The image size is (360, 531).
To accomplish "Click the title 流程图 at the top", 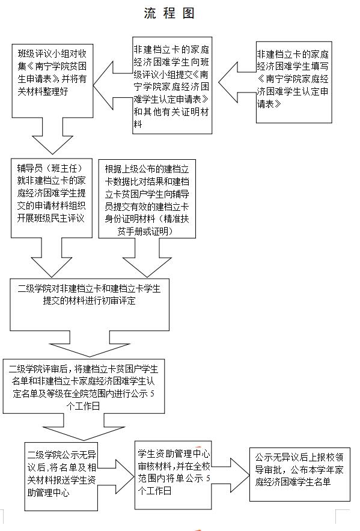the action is (169, 13).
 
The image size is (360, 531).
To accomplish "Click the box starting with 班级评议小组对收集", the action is (52, 80).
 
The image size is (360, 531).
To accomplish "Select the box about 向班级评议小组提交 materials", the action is (172, 85).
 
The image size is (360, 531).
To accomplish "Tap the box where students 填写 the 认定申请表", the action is (293, 82).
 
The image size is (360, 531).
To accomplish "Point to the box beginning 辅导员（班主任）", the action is (52, 198).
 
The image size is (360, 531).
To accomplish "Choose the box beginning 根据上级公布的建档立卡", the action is (147, 199).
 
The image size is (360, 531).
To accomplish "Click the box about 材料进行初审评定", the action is (90, 305).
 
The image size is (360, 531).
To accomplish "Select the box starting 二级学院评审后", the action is (84, 386).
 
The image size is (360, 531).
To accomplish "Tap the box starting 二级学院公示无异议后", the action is (61, 476).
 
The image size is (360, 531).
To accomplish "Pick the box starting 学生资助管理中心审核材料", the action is (173, 475).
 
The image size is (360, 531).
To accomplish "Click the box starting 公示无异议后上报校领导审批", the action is (300, 474).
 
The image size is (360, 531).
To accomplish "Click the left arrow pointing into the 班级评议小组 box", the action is (112, 85).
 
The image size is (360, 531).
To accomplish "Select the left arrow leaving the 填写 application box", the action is (237, 82).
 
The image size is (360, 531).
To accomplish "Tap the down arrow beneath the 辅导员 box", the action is (52, 257).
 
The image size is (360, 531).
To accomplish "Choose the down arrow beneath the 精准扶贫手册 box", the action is (147, 257).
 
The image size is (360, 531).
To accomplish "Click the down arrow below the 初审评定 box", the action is (90, 344).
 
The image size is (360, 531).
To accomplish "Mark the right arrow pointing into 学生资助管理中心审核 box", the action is (116, 476).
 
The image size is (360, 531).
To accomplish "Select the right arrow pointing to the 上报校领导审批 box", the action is (231, 475).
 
